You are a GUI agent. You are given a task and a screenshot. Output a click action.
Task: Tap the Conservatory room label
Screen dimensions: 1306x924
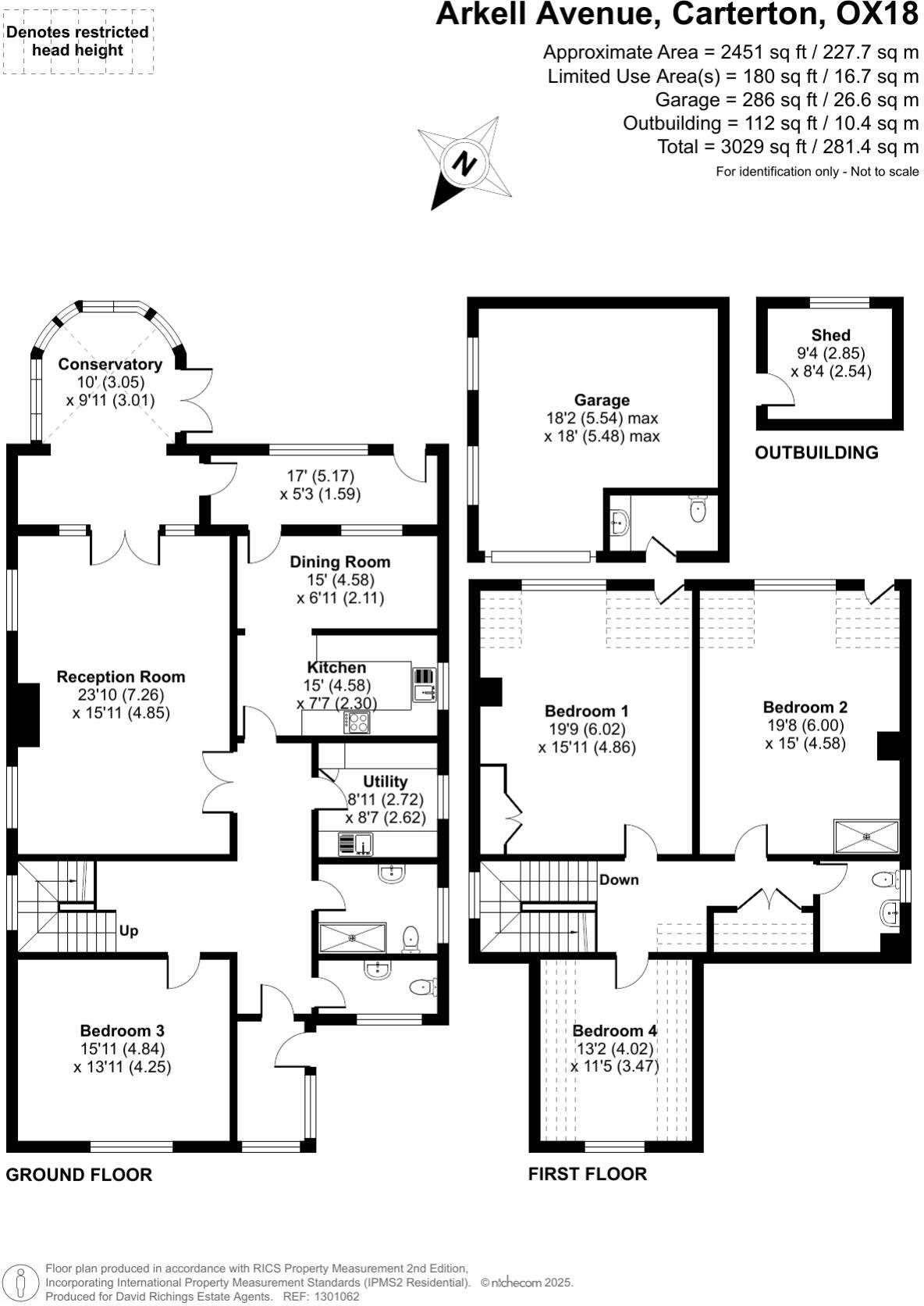[110, 364]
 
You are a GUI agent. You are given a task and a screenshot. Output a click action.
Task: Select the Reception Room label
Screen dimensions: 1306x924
[121, 676]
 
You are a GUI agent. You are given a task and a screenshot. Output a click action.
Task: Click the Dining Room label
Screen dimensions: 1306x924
[339, 562]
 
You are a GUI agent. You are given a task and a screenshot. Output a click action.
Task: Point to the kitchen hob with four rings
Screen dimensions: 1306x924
[359, 723]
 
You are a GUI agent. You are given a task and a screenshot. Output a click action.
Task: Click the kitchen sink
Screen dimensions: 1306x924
[424, 687]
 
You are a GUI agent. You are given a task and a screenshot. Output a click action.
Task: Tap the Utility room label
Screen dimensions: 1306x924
[386, 781]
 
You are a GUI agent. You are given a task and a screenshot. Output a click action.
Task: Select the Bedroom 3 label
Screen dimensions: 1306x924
[122, 1031]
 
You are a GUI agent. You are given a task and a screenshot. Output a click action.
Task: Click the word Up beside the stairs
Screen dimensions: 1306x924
[129, 931]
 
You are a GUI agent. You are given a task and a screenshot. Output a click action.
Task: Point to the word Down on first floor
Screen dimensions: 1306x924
[619, 880]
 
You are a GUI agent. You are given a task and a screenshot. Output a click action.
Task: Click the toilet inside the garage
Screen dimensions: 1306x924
[698, 510]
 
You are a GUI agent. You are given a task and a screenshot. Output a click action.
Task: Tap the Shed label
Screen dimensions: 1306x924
[830, 335]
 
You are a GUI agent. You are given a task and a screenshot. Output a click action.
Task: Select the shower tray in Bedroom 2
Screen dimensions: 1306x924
[866, 836]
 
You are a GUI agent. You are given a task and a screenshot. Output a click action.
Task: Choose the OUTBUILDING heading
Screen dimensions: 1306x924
[816, 453]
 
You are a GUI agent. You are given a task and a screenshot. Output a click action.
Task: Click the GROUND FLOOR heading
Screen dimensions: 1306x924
[79, 1175]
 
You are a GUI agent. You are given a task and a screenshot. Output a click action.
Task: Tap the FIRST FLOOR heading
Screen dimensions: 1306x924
[588, 1174]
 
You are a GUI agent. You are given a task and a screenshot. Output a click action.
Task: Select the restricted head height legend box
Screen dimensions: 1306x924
[78, 41]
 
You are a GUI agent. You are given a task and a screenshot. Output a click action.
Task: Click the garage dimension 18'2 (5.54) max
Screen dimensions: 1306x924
[602, 419]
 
